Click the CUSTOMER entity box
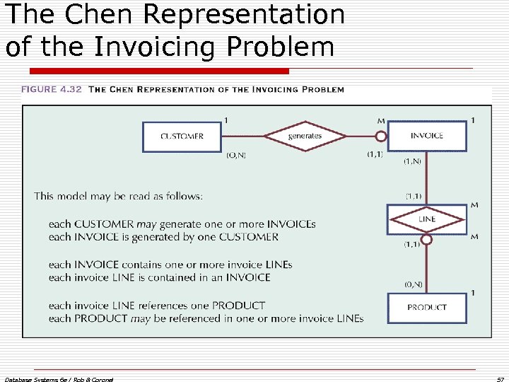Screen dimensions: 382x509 click(182, 137)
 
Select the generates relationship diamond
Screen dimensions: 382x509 click(305, 136)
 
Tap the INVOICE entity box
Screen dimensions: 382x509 click(427, 136)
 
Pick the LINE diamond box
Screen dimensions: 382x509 click(427, 219)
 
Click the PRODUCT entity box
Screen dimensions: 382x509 click(427, 308)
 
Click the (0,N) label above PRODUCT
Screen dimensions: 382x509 click(414, 285)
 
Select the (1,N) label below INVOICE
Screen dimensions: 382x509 click(414, 161)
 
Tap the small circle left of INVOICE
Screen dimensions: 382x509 click(380, 136)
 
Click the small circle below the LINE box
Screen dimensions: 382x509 click(427, 239)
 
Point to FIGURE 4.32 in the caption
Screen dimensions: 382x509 click(52, 90)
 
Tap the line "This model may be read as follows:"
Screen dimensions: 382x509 click(118, 196)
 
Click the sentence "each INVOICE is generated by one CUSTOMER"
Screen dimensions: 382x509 click(163, 237)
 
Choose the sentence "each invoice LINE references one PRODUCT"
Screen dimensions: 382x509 click(157, 306)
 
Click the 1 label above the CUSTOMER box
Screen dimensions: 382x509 click(226, 120)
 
